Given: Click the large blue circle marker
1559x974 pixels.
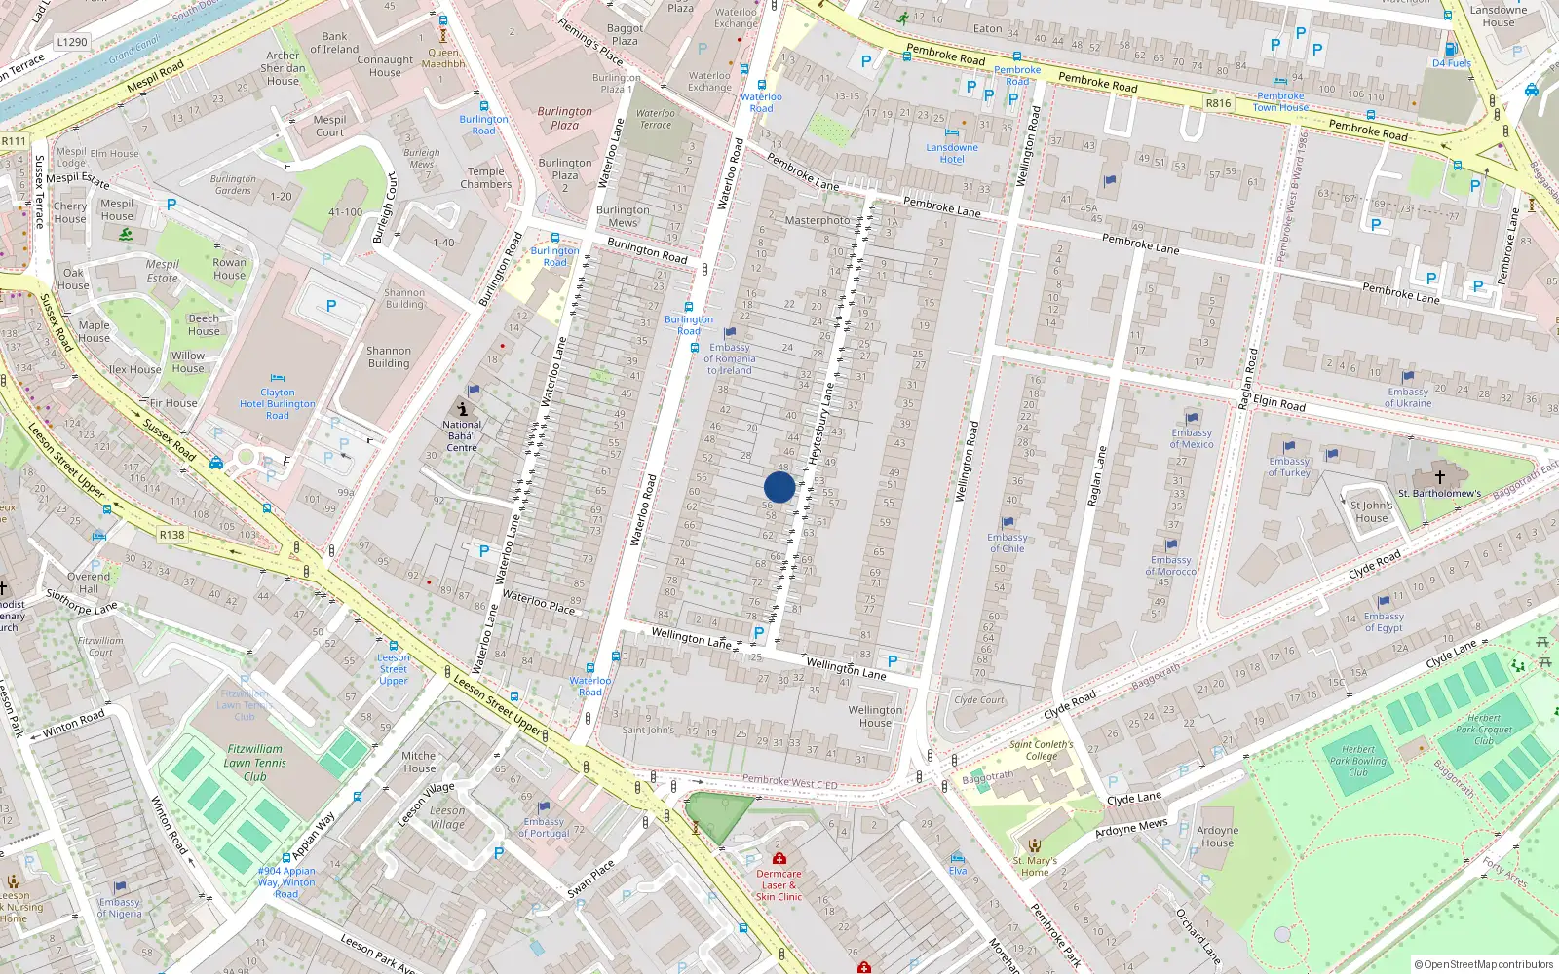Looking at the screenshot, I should pos(779,487).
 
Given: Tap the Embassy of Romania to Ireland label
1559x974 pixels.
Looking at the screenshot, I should pos(730,358).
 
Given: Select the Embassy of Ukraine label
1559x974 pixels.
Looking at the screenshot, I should pos(1408,397).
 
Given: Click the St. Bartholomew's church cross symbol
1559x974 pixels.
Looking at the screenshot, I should pos(1440,477).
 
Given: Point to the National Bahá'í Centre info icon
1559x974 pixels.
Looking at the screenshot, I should pos(463,410).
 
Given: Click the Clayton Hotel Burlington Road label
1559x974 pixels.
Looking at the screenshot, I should pos(278,404).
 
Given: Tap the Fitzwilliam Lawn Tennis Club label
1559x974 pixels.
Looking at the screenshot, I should pos(255,763).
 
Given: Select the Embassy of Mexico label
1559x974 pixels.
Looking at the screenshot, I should pos(1192,438).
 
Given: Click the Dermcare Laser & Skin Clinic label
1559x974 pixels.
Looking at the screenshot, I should pos(779,884).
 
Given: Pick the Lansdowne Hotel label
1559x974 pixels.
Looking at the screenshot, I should pos(952,154).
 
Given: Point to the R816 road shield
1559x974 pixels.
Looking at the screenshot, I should pos(1218,103).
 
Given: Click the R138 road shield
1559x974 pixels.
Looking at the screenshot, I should pos(171,535).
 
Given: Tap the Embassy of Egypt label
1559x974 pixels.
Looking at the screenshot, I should pos(1384,621).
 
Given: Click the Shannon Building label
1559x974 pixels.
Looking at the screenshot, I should pos(389,356).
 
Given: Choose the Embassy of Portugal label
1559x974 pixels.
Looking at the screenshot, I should pos(544,827).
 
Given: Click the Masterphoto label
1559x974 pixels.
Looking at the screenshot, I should pos(817,220).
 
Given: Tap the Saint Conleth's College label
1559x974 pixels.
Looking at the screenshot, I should pos(1041,750).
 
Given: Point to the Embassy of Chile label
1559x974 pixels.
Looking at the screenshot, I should pos(1007,543).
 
